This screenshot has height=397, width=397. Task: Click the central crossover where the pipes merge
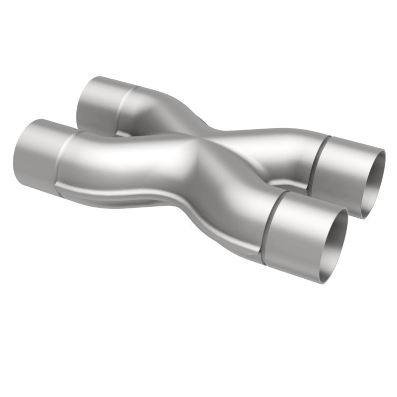point(198,149)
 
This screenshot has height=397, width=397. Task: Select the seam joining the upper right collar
point(318,159)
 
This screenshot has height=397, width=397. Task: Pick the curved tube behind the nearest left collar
point(109,159)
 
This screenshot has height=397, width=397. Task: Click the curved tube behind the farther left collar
point(154,107)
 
